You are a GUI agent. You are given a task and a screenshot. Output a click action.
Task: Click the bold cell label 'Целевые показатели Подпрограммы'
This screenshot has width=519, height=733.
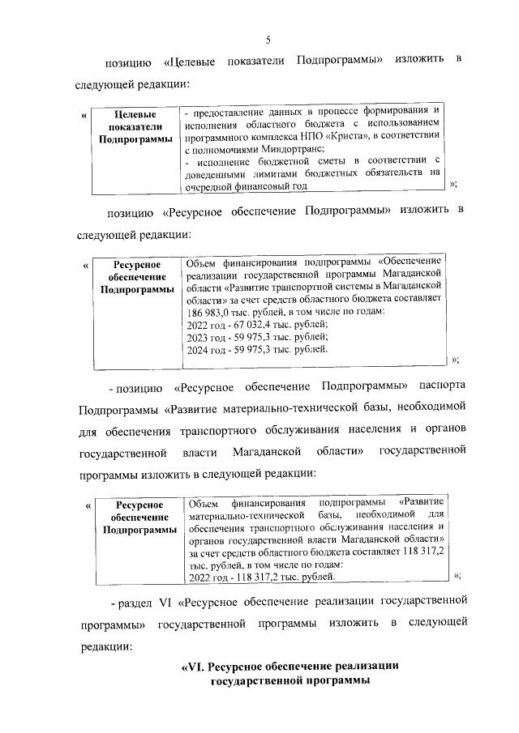pyautogui.click(x=136, y=127)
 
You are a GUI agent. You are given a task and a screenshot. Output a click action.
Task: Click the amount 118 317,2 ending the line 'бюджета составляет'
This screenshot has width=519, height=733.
pyautogui.click(x=423, y=551)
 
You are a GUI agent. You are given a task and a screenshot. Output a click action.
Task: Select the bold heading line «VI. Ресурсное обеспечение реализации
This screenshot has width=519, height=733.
pyautogui.click(x=290, y=667)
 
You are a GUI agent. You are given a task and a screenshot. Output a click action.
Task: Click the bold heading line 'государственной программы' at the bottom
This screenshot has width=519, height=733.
pyautogui.click(x=290, y=681)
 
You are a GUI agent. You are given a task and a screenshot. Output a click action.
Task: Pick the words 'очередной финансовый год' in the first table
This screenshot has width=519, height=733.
pyautogui.click(x=245, y=185)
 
